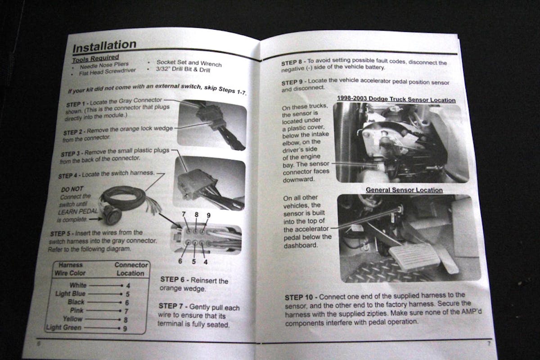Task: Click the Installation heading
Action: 104,46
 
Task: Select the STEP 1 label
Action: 77,104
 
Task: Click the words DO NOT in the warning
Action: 72,189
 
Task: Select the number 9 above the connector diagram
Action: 208,215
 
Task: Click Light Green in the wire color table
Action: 64,327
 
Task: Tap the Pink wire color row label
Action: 76,310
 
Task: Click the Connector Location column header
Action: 131,269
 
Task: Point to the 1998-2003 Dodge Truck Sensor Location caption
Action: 396,99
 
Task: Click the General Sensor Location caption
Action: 404,190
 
